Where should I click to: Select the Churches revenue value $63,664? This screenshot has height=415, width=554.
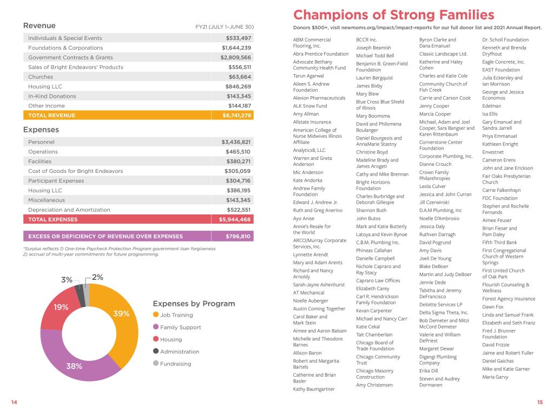(239, 77)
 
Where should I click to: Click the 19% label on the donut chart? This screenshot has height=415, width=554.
(61, 307)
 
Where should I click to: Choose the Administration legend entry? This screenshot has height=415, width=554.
(180, 352)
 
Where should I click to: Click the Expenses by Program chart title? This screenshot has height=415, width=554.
(194, 304)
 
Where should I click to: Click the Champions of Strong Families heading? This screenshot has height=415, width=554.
(393, 15)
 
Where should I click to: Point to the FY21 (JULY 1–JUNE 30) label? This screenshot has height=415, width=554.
(225, 26)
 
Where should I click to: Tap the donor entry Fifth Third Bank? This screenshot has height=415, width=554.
(499, 243)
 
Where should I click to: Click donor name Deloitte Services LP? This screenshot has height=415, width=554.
(440, 304)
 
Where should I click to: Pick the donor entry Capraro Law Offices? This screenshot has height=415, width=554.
(378, 280)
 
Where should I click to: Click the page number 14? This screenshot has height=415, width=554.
(14, 402)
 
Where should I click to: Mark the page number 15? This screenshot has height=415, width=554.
(539, 402)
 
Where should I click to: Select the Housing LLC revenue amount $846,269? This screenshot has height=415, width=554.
(238, 86)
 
